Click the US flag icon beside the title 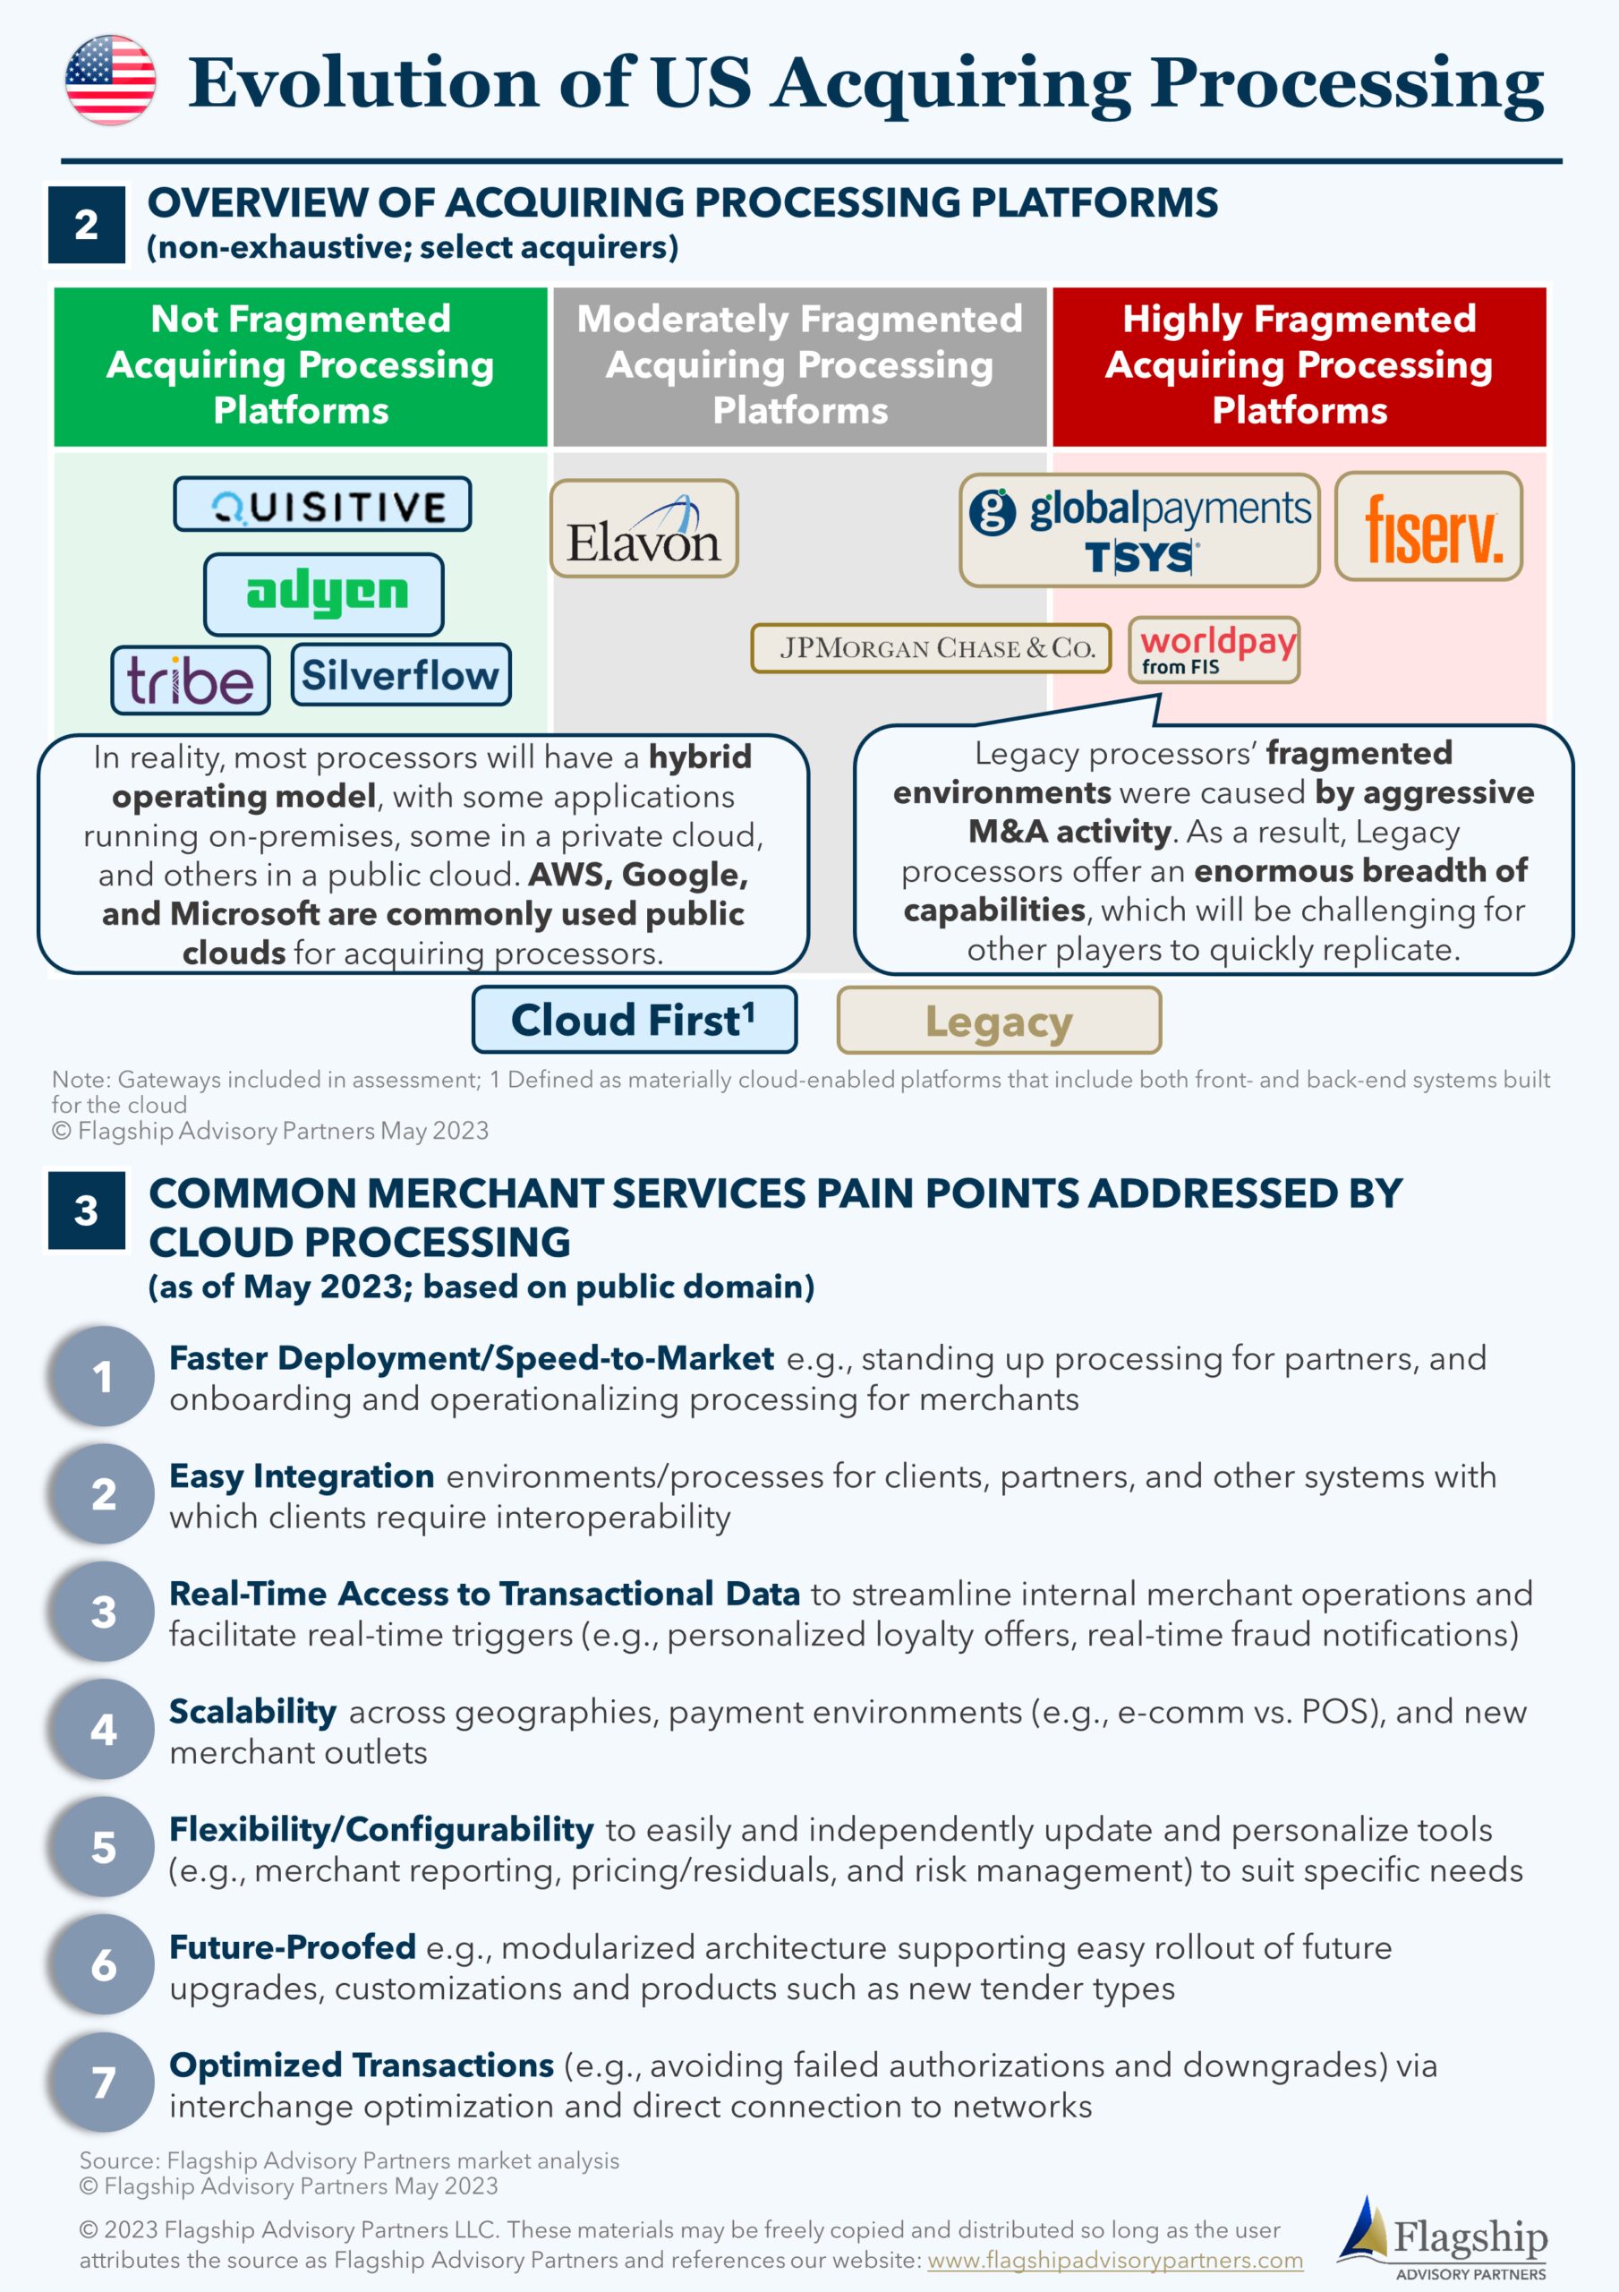[x=110, y=80]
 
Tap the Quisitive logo [x=322, y=504]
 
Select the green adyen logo [x=324, y=594]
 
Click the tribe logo [x=191, y=680]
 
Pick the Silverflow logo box [x=401, y=675]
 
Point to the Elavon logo [x=643, y=528]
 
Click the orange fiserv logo [x=1428, y=526]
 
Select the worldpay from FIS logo [x=1214, y=650]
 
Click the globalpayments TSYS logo [x=1139, y=530]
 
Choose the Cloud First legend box [x=635, y=1019]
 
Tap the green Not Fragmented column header [x=301, y=366]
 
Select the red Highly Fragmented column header [x=1299, y=366]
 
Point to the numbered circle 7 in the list [x=103, y=2082]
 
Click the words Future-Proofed [x=293, y=1946]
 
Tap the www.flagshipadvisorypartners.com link [x=1115, y=2259]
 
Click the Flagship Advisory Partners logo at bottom [x=1443, y=2237]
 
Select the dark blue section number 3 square [x=87, y=1210]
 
